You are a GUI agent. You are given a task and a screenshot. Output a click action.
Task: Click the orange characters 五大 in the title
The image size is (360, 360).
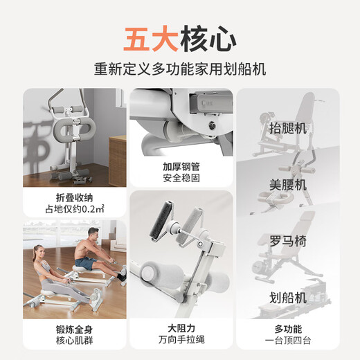point(150,38)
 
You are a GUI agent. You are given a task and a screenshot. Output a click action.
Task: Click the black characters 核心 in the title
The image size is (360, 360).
point(208,38)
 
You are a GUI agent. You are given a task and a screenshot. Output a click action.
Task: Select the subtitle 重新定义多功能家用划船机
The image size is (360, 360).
point(180,70)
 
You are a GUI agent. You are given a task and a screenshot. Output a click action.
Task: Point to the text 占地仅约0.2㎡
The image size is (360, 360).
point(74,206)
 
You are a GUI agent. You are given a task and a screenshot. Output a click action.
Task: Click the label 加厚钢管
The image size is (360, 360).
point(180,168)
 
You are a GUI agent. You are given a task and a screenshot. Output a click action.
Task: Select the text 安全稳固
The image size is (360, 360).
point(180,179)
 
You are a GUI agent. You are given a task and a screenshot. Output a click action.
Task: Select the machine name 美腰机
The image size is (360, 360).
point(287,186)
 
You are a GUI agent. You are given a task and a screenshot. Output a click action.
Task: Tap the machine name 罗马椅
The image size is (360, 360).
point(287,242)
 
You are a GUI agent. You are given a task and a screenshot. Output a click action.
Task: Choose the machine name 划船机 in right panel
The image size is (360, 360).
point(287,298)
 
